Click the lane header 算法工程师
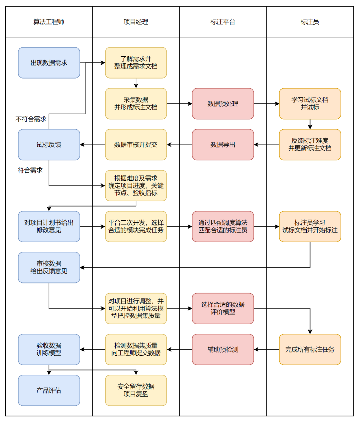tap(49, 22)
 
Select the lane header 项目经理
tap(136, 22)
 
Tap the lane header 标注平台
tap(223, 22)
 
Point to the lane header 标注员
tap(310, 22)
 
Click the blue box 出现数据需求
tap(49, 63)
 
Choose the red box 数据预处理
tap(223, 104)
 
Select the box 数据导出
tap(223, 145)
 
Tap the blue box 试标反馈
tap(49, 145)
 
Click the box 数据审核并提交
tap(136, 145)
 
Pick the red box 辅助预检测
tap(223, 350)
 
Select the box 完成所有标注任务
tap(310, 350)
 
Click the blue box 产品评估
tap(49, 390)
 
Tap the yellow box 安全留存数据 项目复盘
tap(136, 390)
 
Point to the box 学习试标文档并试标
tap(310, 104)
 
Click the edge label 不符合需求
tap(31, 119)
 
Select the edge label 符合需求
tap(30, 170)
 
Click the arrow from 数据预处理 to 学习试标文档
tap(266, 104)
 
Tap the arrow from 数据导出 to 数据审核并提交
tap(179, 145)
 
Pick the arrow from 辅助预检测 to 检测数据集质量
tap(179, 350)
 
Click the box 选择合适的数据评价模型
tap(223, 308)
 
